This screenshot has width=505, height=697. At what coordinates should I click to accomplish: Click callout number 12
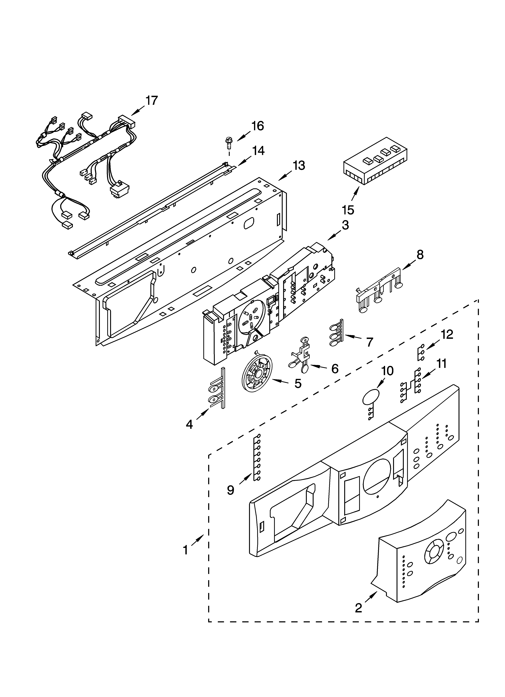(447, 334)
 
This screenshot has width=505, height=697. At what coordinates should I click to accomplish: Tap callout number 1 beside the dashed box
(186, 550)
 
